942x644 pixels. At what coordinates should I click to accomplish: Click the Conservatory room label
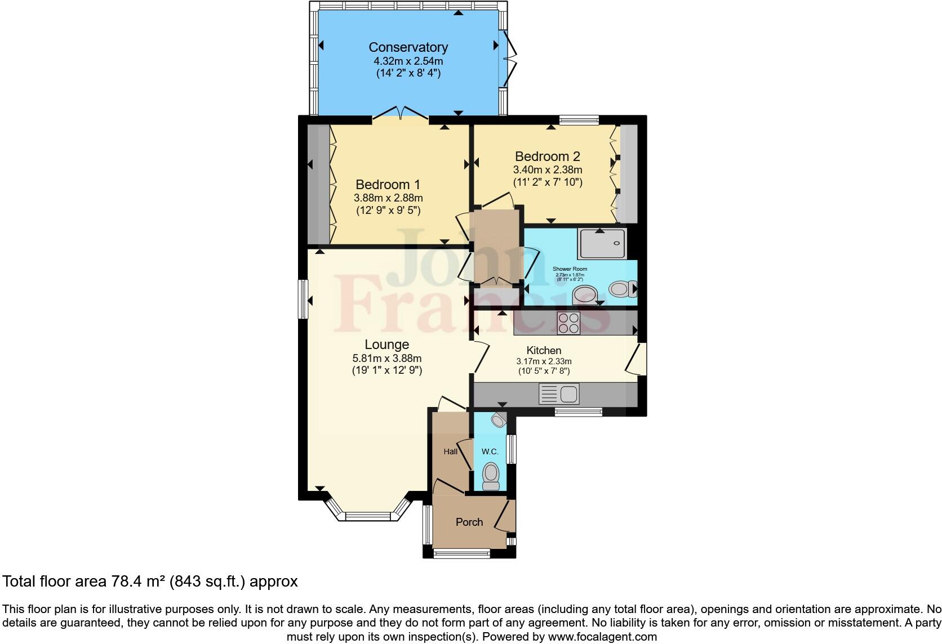pos(408,47)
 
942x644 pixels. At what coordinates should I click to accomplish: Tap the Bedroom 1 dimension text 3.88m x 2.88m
pos(388,198)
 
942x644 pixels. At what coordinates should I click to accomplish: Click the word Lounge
pos(386,344)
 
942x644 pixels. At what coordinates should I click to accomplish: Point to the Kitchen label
pos(544,350)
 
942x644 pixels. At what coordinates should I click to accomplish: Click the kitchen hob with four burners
pos(568,324)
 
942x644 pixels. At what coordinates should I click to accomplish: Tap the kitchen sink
pos(559,394)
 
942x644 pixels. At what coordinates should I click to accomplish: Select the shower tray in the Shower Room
pos(601,243)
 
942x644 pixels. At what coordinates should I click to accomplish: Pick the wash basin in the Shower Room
pos(584,294)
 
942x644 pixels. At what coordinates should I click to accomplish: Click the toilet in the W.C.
pos(491,476)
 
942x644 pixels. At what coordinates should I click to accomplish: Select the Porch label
pos(469,522)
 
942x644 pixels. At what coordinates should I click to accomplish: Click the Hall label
pos(450,451)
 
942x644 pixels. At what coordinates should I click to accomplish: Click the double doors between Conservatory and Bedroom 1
pos(400,115)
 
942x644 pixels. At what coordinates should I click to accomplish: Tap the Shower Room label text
pos(570,269)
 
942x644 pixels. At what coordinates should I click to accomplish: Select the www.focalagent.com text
pos(601,637)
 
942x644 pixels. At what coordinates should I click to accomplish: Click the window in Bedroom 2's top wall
pos(579,119)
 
